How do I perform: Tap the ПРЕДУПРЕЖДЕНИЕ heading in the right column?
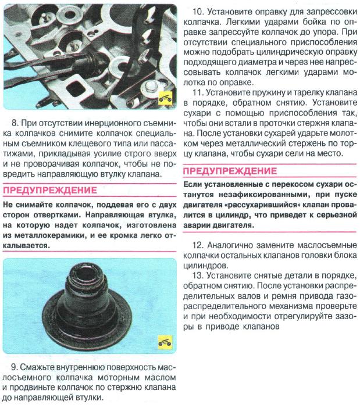point(230,171)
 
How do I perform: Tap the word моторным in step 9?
point(116,378)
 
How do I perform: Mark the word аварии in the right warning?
point(199,224)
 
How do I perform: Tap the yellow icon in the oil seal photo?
point(165,342)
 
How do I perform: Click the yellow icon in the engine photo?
point(165,97)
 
